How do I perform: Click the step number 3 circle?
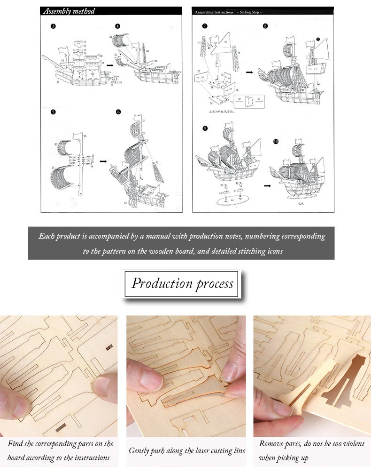[53, 26]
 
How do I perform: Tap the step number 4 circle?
[118, 26]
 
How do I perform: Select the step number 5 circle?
[53, 112]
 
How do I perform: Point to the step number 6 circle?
[118, 112]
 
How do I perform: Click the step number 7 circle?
[205, 26]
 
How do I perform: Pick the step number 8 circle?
[265, 26]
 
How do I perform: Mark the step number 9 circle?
[205, 128]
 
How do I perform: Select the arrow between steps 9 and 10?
[267, 185]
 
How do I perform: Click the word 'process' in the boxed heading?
[215, 284]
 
